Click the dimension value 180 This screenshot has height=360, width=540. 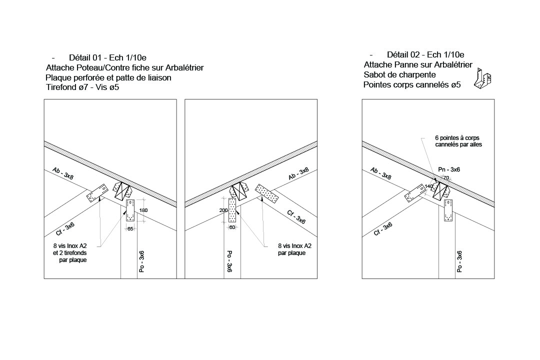tap(143, 210)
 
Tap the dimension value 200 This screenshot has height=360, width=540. tap(223, 210)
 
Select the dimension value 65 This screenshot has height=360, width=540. tap(130, 228)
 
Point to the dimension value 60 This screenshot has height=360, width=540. tap(232, 227)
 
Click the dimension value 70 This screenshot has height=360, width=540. tap(446, 178)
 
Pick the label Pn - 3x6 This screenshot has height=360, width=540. tap(448, 169)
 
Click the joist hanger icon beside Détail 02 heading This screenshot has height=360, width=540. tap(483, 79)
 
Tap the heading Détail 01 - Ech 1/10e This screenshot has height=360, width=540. tap(108, 57)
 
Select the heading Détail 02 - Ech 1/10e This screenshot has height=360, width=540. tap(425, 54)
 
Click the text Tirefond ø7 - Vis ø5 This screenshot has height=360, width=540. tap(82, 87)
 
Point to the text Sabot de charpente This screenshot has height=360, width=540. tap(399, 75)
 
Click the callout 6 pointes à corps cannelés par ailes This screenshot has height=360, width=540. tap(458, 141)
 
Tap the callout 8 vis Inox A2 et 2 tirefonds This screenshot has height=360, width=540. tap(70, 253)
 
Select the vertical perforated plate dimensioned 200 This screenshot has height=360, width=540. tap(232, 210)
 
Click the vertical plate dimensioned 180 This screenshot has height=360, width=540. tap(130, 210)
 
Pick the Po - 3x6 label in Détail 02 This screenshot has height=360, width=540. tap(459, 262)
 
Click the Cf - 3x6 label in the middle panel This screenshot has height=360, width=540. tap(296, 217)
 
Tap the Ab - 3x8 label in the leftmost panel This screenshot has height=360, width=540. tap(63, 173)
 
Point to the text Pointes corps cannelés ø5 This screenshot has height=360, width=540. tap(412, 84)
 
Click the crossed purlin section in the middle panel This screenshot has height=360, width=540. tap(239, 191)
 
